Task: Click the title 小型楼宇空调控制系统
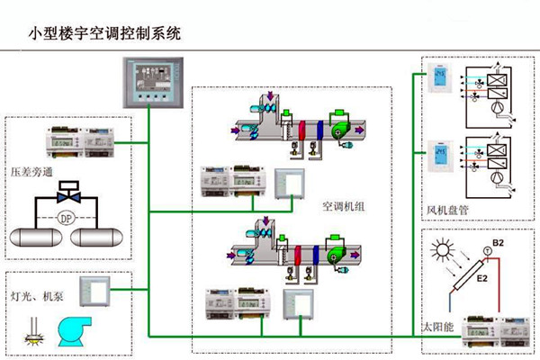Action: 105,35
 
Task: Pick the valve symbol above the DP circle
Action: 64,193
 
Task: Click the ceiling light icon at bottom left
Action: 30,337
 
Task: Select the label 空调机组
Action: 342,205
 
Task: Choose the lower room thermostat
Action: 441,154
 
